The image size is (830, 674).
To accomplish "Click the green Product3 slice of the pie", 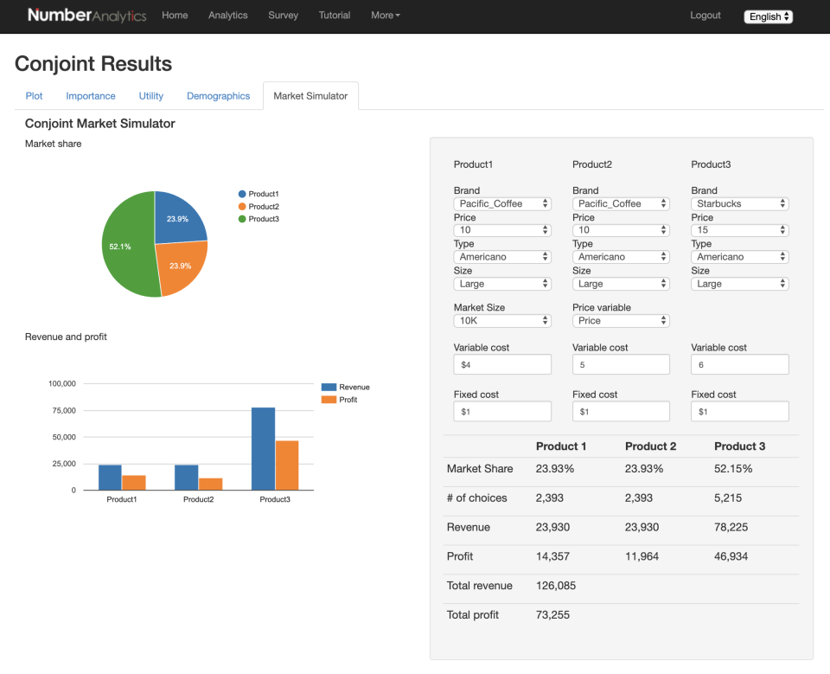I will (x=125, y=247).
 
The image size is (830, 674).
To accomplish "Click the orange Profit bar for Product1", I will (x=133, y=482).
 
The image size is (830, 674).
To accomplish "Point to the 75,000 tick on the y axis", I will (x=62, y=410).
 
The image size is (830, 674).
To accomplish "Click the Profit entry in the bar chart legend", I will (x=348, y=400).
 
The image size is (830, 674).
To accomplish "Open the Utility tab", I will (x=151, y=96).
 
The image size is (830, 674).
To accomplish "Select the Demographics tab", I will (x=218, y=96).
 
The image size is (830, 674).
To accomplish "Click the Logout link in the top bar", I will (x=705, y=16).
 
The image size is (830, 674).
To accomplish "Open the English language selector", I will (x=768, y=16).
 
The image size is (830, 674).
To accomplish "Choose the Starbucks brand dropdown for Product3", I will (x=740, y=203).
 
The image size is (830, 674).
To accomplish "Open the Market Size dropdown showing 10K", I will (x=502, y=320).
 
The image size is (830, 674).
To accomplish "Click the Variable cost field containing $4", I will (x=502, y=364).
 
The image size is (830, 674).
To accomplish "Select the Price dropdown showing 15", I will (x=740, y=230).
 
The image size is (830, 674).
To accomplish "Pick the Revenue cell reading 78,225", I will (x=731, y=527).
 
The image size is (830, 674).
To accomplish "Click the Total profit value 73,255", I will (x=552, y=614).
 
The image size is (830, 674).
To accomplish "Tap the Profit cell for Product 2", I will (x=642, y=556).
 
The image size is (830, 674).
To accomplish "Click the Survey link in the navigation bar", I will (x=283, y=16).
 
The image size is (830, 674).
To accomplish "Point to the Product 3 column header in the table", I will (x=739, y=446).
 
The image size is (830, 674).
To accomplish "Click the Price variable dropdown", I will (x=621, y=320).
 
